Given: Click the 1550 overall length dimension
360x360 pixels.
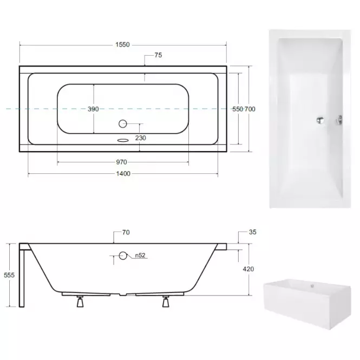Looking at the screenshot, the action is click(122, 45).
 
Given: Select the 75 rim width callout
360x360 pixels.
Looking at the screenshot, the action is click(158, 55).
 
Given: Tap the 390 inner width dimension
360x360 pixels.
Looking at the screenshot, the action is click(93, 109).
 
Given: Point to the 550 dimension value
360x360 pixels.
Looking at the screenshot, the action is click(238, 109).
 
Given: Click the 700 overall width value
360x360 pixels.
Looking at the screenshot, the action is click(250, 109).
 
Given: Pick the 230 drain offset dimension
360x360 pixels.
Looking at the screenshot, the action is click(141, 138).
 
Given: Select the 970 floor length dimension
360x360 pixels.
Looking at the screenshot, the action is click(121, 162).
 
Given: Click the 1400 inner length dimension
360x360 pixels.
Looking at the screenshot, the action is click(123, 174).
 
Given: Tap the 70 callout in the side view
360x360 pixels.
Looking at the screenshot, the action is click(126, 233).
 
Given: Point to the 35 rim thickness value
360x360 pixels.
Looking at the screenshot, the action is click(253, 232).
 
